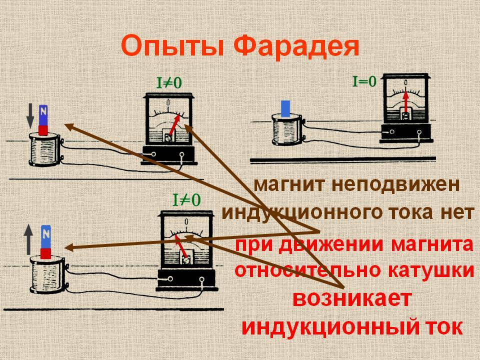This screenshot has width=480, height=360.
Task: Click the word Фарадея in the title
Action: (296, 46)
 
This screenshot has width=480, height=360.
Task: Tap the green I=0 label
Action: (364, 81)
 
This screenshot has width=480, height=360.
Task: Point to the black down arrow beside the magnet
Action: (30, 115)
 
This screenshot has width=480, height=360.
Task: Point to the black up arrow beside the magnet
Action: (28, 239)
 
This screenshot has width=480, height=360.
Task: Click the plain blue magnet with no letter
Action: (285, 108)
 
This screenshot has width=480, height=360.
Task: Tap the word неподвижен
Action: (395, 184)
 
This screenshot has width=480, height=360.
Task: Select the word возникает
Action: (351, 298)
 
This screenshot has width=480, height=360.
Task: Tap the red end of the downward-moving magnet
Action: (43, 130)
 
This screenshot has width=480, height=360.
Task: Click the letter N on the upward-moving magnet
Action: (46, 234)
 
